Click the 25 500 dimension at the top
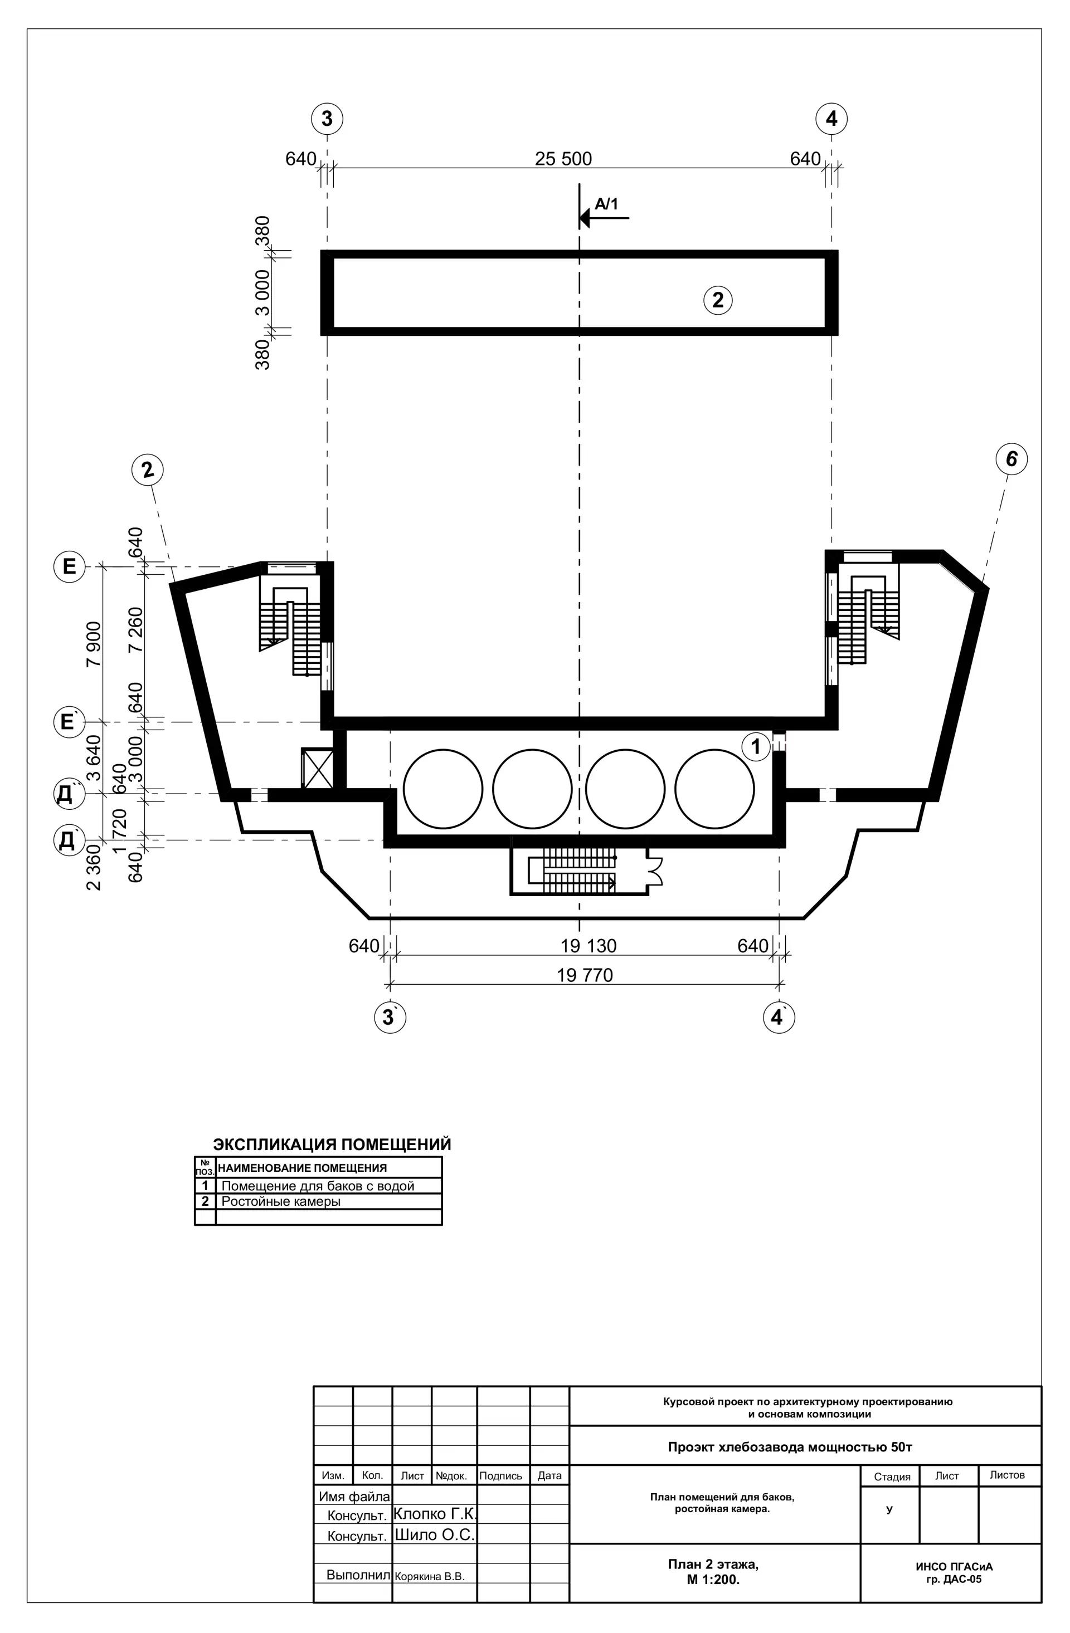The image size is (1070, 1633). coord(563,159)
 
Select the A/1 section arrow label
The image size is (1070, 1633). coord(606,204)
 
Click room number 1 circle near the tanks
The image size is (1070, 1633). coord(756,746)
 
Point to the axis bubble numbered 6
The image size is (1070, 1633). coord(1011,459)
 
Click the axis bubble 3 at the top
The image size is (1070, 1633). coord(327,119)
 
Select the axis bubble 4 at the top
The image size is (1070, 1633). coord(831,119)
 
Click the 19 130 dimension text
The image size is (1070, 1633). coord(588,946)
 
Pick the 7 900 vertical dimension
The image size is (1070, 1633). coord(93,644)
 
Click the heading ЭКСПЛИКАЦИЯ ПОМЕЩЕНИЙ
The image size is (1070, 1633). coord(332,1145)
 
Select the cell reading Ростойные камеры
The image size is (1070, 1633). coord(281,1201)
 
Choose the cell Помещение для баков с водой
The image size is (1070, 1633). coord(318,1186)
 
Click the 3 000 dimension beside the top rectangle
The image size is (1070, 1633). coord(263,292)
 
